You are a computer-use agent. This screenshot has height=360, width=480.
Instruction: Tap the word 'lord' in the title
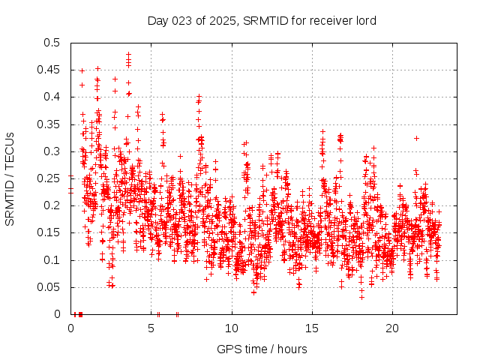coord(364,20)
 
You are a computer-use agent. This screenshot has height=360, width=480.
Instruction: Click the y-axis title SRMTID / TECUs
coord(10,178)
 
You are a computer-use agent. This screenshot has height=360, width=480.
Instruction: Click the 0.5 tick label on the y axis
coord(52,43)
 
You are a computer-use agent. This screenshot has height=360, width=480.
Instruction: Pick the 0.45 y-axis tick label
coord(49,70)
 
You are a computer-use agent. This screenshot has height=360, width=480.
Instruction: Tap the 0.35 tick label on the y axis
coord(49,124)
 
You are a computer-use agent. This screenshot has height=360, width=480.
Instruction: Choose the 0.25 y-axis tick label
coord(49,178)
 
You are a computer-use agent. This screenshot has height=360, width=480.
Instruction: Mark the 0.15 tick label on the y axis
coord(49,233)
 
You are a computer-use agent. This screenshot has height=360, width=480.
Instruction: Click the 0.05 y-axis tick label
coord(49,287)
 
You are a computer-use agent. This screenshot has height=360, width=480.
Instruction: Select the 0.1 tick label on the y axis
coord(52,260)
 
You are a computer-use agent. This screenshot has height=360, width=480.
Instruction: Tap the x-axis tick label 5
coord(151,328)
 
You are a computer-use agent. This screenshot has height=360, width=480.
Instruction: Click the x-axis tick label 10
coord(232,328)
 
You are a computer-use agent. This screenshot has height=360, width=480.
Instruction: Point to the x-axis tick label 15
coord(312,328)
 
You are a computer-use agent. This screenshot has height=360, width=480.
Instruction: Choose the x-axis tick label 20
coord(392,328)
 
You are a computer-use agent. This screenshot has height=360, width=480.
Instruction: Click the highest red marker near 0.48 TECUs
coord(129,54)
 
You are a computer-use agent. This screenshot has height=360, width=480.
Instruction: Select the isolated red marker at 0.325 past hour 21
coord(416,138)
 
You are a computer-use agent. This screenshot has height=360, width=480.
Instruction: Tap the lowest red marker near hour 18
coord(361,297)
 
